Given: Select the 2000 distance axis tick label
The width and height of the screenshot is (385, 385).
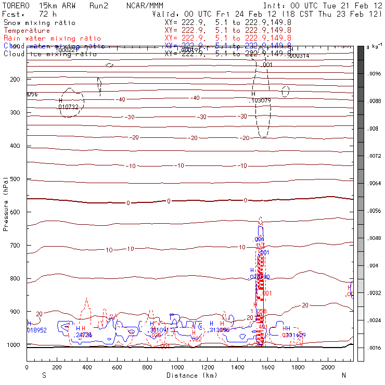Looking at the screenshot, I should [x=328, y=367].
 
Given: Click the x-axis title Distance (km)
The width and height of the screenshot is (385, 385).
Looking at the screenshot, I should [x=189, y=375].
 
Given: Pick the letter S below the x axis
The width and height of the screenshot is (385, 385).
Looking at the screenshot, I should [x=44, y=375].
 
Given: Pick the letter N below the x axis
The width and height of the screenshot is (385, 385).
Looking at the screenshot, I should [x=343, y=375].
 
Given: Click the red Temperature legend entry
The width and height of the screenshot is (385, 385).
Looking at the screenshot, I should [x=27, y=31].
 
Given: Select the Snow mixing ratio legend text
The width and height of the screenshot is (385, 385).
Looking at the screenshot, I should [x=39, y=23].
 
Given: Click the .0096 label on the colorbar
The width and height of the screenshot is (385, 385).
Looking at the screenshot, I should [x=375, y=74].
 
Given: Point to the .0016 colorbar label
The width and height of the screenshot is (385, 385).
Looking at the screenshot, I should [x=375, y=346].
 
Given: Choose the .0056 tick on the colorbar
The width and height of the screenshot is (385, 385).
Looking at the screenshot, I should [x=375, y=211].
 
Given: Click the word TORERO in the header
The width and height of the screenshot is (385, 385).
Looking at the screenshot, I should [x=15, y=5].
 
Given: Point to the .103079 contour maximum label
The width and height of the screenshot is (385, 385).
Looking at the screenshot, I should [x=261, y=100].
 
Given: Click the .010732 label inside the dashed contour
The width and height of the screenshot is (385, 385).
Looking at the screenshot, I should [x=68, y=107].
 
